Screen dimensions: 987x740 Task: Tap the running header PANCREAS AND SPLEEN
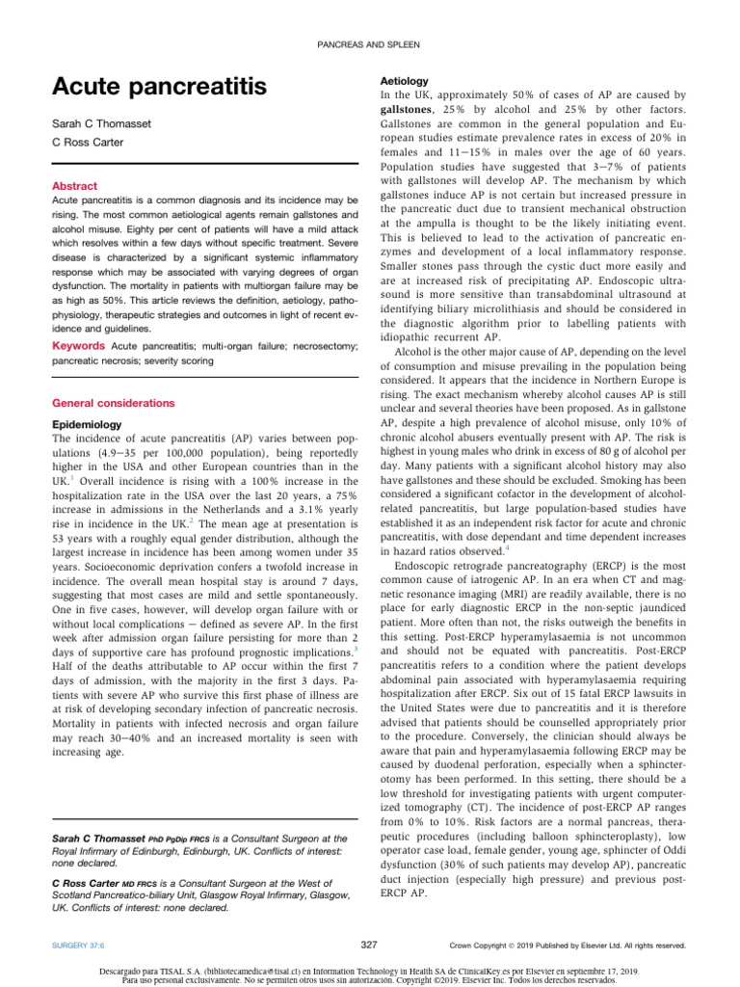(370, 45)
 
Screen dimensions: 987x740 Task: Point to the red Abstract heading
(74, 186)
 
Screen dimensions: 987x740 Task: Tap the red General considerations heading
(113, 402)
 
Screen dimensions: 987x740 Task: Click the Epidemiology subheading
(87, 424)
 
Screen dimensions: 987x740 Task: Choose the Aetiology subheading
(403, 82)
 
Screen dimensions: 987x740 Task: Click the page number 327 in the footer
(369, 946)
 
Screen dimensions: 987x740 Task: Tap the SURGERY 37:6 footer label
(80, 947)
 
